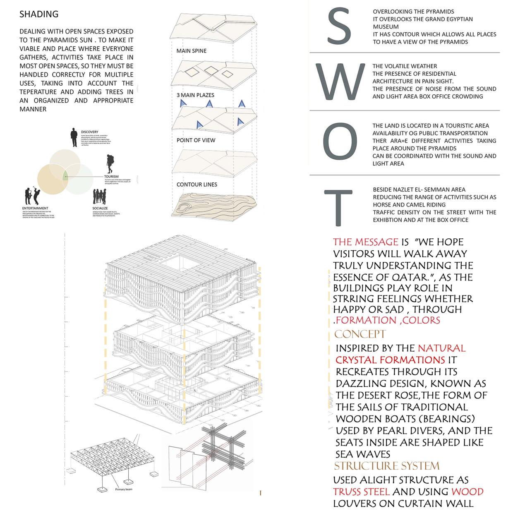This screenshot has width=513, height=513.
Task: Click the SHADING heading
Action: pyautogui.click(x=39, y=14)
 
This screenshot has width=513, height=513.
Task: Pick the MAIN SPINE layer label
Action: pyautogui.click(x=191, y=51)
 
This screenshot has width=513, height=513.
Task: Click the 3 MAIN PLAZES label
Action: pyautogui.click(x=195, y=95)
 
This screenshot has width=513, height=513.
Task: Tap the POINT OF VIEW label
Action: pyautogui.click(x=196, y=140)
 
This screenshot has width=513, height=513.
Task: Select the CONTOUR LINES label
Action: pyautogui.click(x=197, y=185)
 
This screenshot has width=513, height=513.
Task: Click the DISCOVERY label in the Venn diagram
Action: pyautogui.click(x=90, y=132)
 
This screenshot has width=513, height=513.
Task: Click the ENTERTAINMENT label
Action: pyautogui.click(x=35, y=208)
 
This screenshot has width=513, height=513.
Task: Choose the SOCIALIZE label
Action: pyautogui.click(x=101, y=208)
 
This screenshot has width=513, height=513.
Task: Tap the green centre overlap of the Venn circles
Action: pyautogui.click(x=65, y=176)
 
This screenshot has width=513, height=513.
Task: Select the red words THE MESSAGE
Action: pyautogui.click(x=366, y=242)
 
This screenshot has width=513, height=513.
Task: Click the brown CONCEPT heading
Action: pyautogui.click(x=360, y=334)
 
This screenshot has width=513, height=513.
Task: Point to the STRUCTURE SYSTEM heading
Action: pyautogui.click(x=387, y=466)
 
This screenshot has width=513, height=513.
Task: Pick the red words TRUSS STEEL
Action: pyautogui.click(x=362, y=491)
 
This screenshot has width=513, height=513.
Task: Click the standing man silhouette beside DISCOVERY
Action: pyautogui.click(x=74, y=137)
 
